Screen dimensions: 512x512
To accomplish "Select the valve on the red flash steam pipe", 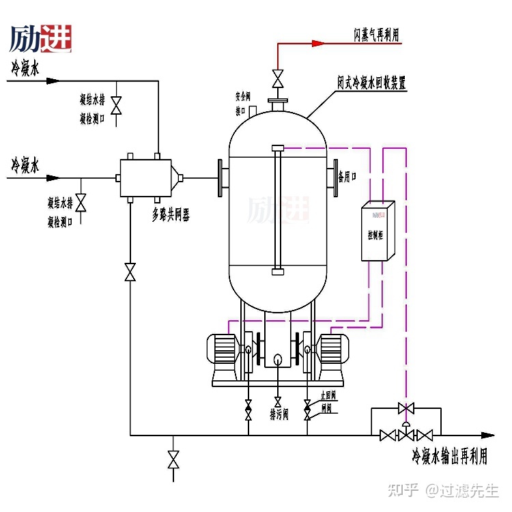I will (x=277, y=79).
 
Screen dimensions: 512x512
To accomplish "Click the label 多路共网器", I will (x=170, y=216).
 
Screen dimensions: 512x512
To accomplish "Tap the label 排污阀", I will (x=279, y=414).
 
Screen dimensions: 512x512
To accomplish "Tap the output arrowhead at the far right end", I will (x=487, y=435).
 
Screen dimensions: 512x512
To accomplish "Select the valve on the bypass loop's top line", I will (x=406, y=408).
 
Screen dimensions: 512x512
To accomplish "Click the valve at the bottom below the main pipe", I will (x=173, y=459).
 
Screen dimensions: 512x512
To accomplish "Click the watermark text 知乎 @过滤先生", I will (x=444, y=490).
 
